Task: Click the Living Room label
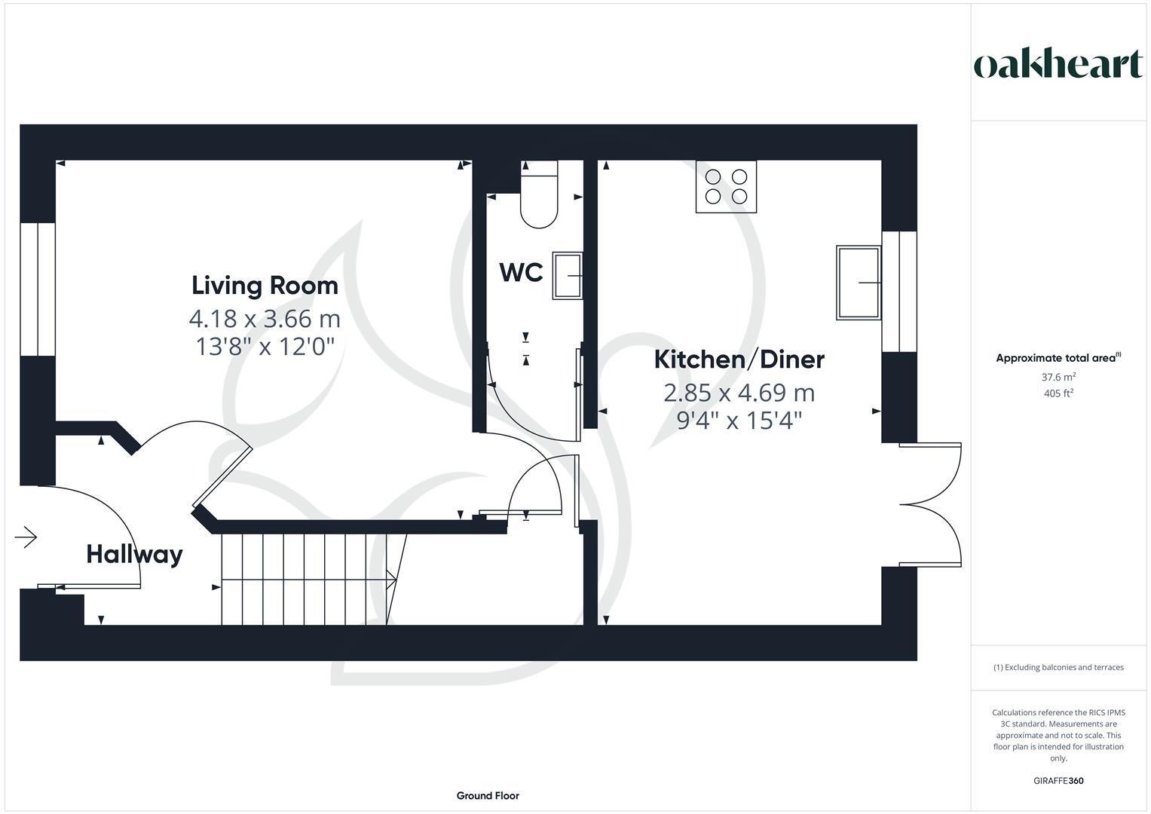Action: coord(265,286)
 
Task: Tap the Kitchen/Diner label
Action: coord(739,360)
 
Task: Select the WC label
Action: coord(521,272)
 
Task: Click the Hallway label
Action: coord(134,554)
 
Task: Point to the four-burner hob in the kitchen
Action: coord(726,187)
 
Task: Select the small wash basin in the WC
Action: coord(568,276)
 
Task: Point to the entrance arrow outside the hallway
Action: coord(26,537)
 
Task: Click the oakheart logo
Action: coord(1058,65)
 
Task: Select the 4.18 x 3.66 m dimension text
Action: coord(265,319)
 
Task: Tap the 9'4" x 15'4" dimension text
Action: coord(739,421)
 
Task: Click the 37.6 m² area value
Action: coord(1058,377)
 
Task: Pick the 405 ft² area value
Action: coord(1058,393)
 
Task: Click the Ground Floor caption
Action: coord(488,795)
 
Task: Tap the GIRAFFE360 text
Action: coord(1058,781)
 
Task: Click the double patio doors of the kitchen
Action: coord(932,503)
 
